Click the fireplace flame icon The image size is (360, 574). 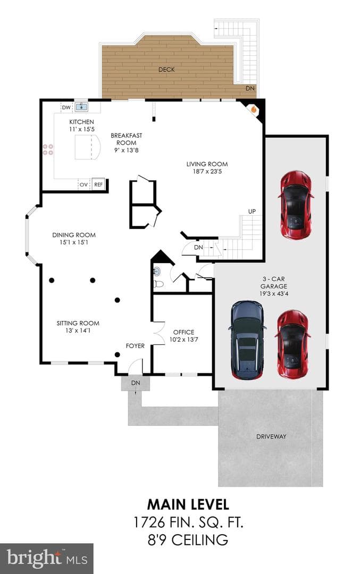[x=253, y=109]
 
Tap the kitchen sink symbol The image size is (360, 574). [x=81, y=107]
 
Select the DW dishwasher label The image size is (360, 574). [x=66, y=107]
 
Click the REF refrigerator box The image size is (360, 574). [x=98, y=184]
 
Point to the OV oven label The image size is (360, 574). [x=83, y=185]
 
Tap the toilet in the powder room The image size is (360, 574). [x=158, y=284]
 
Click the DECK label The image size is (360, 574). [x=166, y=70]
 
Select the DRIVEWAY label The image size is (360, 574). [x=271, y=436]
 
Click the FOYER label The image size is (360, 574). [x=135, y=345]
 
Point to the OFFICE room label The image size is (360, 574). [x=184, y=332]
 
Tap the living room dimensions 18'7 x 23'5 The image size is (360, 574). [x=207, y=171]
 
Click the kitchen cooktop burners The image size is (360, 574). [x=48, y=149]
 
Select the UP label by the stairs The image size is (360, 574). [x=252, y=211]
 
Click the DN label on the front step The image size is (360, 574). [x=136, y=383]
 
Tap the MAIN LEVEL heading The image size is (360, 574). [x=188, y=504]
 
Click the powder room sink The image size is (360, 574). [x=157, y=271]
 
